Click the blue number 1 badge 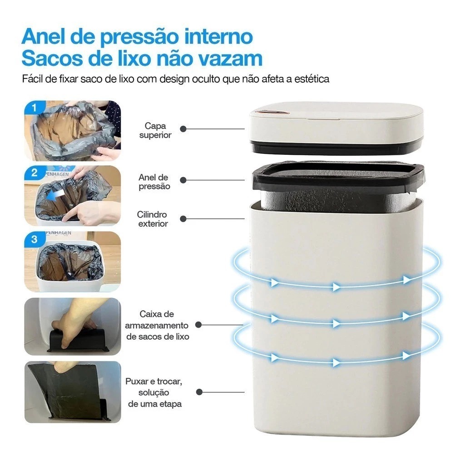[35, 107]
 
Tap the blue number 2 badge [35, 173]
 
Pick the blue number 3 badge [35, 239]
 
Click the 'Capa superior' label [155, 130]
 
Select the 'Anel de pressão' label [154, 182]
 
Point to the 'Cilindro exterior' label [153, 219]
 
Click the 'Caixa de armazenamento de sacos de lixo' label [157, 325]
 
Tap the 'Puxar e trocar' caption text [154, 381]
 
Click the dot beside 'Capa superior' [183, 129]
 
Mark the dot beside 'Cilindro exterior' [183, 219]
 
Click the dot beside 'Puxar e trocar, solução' [199, 392]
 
